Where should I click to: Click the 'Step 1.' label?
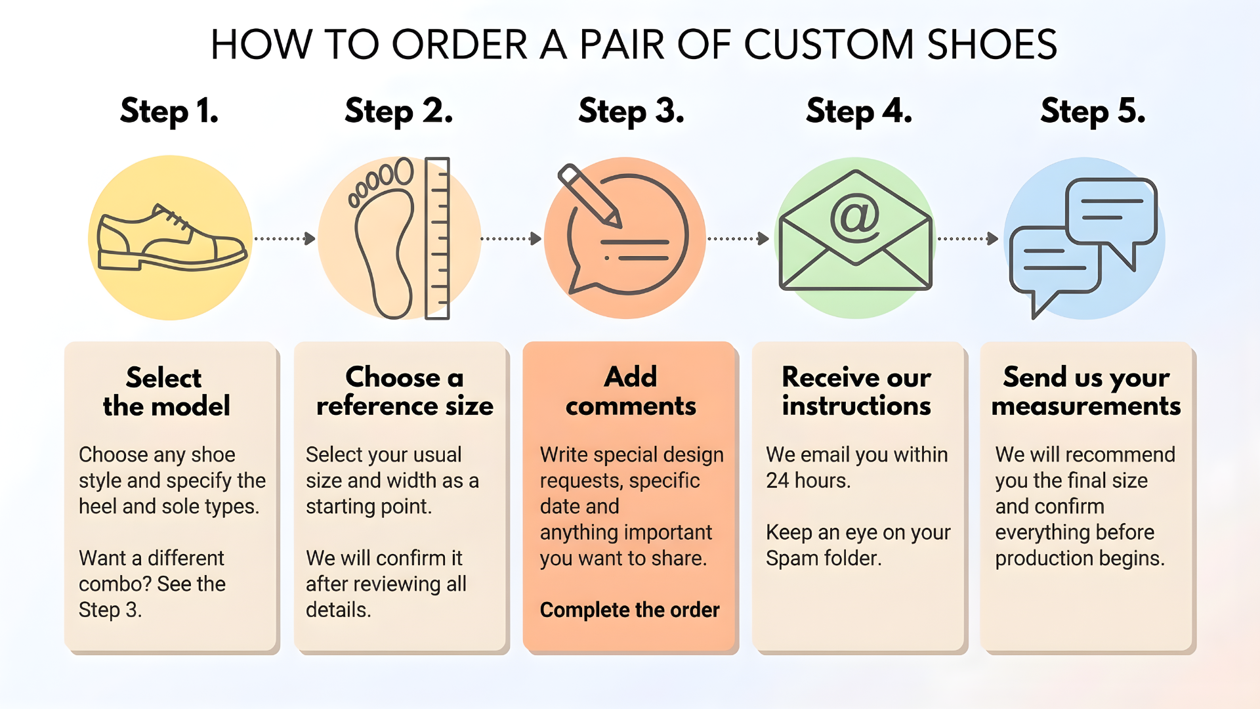[x=169, y=110]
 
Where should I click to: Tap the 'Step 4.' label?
[x=858, y=110]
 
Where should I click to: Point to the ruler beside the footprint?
[x=438, y=238]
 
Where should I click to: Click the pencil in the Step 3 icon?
[x=589, y=194]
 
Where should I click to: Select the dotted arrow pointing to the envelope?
[x=738, y=238]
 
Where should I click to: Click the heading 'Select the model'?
[x=166, y=392]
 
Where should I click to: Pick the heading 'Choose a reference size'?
[x=404, y=392]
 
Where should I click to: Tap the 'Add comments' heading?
[x=631, y=392]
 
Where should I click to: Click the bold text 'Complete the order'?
[x=629, y=610]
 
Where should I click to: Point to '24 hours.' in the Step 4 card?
[x=808, y=481]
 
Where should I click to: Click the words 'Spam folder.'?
[x=824, y=558]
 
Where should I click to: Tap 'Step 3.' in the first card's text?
[x=110, y=610]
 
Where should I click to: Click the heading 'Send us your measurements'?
[x=1086, y=392]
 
